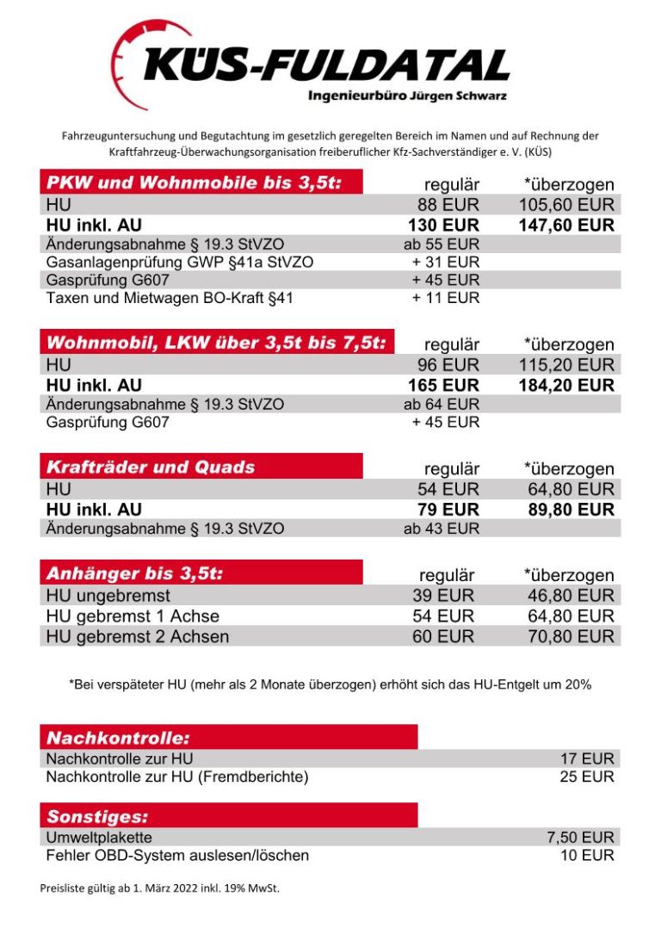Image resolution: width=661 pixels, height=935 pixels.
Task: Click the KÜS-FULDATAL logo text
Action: pyautogui.click(x=327, y=65)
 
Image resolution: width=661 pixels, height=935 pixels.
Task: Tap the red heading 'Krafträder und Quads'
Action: pyautogui.click(x=151, y=467)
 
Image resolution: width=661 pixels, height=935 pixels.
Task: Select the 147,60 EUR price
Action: pyautogui.click(x=566, y=226)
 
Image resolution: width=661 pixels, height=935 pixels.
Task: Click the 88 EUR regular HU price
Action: pyautogui.click(x=448, y=205)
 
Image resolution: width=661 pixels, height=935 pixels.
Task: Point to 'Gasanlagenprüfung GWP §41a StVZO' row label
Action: pyautogui.click(x=179, y=262)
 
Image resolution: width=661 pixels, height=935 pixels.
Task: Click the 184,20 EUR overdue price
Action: pyautogui.click(x=566, y=385)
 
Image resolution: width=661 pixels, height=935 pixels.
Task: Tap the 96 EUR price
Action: pyautogui.click(x=448, y=365)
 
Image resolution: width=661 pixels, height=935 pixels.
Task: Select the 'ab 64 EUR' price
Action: pyautogui.click(x=442, y=404)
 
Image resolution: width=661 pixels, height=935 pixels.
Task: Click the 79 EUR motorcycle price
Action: pyautogui.click(x=448, y=510)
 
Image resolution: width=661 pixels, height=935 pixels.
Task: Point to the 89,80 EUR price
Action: pyautogui.click(x=571, y=510)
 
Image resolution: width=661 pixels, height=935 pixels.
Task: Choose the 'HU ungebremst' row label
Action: pyautogui.click(x=108, y=596)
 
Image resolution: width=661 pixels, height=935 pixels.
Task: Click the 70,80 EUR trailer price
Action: pyautogui.click(x=571, y=637)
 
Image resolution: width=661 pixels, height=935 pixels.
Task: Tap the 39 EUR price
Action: pyautogui.click(x=444, y=596)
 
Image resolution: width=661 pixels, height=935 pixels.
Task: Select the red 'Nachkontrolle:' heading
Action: pyautogui.click(x=118, y=738)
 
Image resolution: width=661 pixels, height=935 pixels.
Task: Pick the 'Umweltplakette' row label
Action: pyautogui.click(x=99, y=838)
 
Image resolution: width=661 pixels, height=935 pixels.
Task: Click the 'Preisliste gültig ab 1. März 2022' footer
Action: pyautogui.click(x=159, y=888)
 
